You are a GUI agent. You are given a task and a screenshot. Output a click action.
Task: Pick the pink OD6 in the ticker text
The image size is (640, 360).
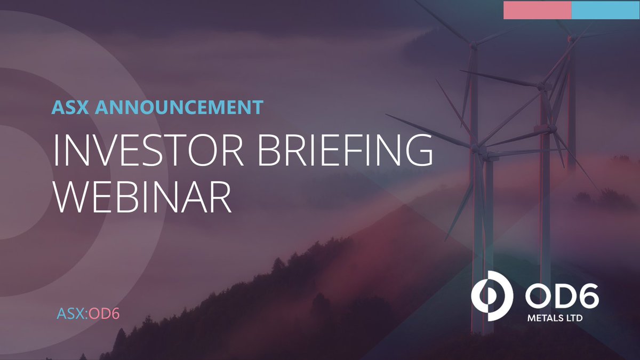pos(103,313)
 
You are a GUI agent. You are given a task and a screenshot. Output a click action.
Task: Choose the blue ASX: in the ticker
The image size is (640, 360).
pos(73,313)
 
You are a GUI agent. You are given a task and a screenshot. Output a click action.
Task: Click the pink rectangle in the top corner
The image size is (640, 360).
pos(537,10)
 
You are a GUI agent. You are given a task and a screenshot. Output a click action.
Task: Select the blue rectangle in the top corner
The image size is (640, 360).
pos(605,10)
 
